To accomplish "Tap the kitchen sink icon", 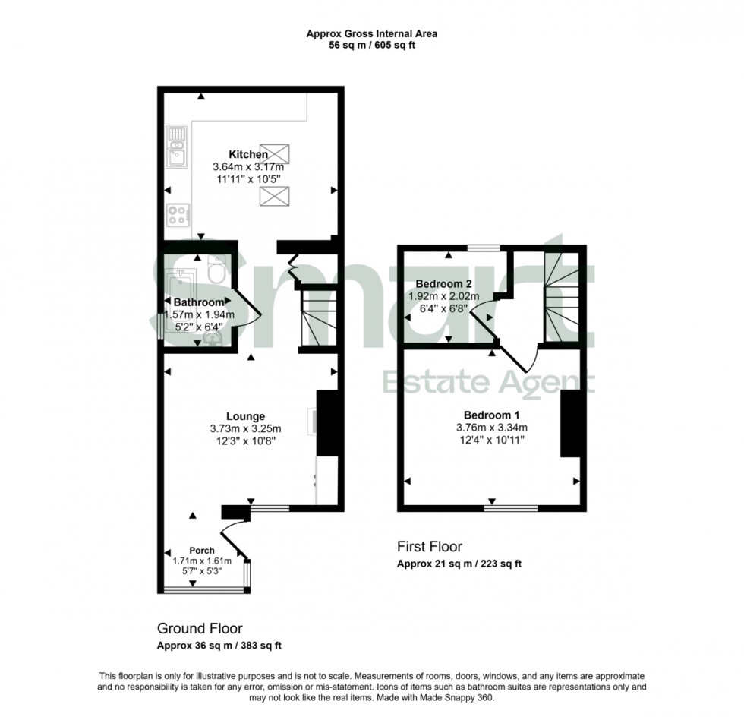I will tap(178, 147).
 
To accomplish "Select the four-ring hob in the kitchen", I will tap(178, 216).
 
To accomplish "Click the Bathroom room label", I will tap(199, 302).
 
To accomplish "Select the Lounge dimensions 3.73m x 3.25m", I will tap(245, 428).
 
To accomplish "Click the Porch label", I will tap(202, 551).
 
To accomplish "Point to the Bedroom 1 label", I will tap(491, 415).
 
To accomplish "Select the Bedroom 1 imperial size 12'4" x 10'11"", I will tap(491, 439).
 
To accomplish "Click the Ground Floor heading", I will tap(200, 628).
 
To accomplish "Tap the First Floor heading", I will tap(430, 546).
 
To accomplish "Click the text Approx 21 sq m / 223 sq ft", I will tap(459, 564).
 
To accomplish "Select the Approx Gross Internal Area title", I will tap(371, 33).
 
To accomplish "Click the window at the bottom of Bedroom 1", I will tap(510, 507).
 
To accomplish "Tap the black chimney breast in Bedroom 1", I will tap(569, 423).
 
